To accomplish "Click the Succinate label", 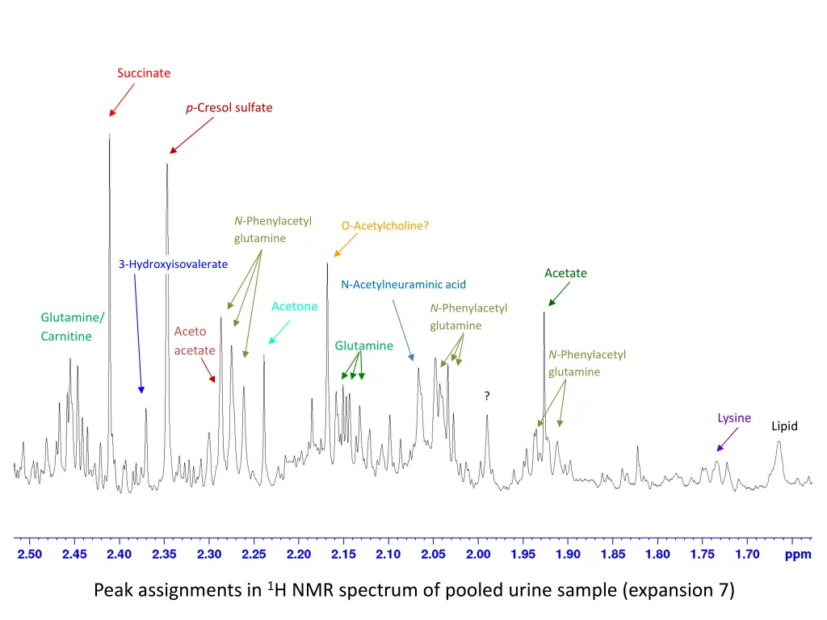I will click(144, 73).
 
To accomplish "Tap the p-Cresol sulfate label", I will click(229, 107).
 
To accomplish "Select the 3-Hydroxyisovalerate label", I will click(173, 264).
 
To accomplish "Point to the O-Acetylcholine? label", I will click(384, 226).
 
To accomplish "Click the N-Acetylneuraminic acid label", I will click(403, 284).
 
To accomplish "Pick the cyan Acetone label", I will click(295, 307).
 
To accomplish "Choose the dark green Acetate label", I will click(565, 273).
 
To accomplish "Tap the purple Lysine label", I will click(734, 418).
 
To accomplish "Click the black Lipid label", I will click(784, 426).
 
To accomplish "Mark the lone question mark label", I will click(487, 396).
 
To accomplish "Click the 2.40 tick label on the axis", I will click(119, 555).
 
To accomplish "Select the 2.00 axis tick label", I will click(478, 555).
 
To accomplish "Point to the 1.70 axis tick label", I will click(747, 555).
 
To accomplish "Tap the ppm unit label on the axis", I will click(798, 555).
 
